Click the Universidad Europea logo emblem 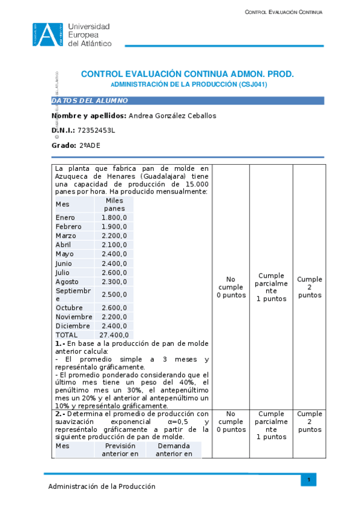[48, 34]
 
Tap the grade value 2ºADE [90, 146]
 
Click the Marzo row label [66, 236]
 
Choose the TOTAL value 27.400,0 [113, 334]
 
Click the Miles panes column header [114, 204]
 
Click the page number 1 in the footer [308, 479]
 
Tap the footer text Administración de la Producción [102, 487]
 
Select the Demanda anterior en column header [174, 450]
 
